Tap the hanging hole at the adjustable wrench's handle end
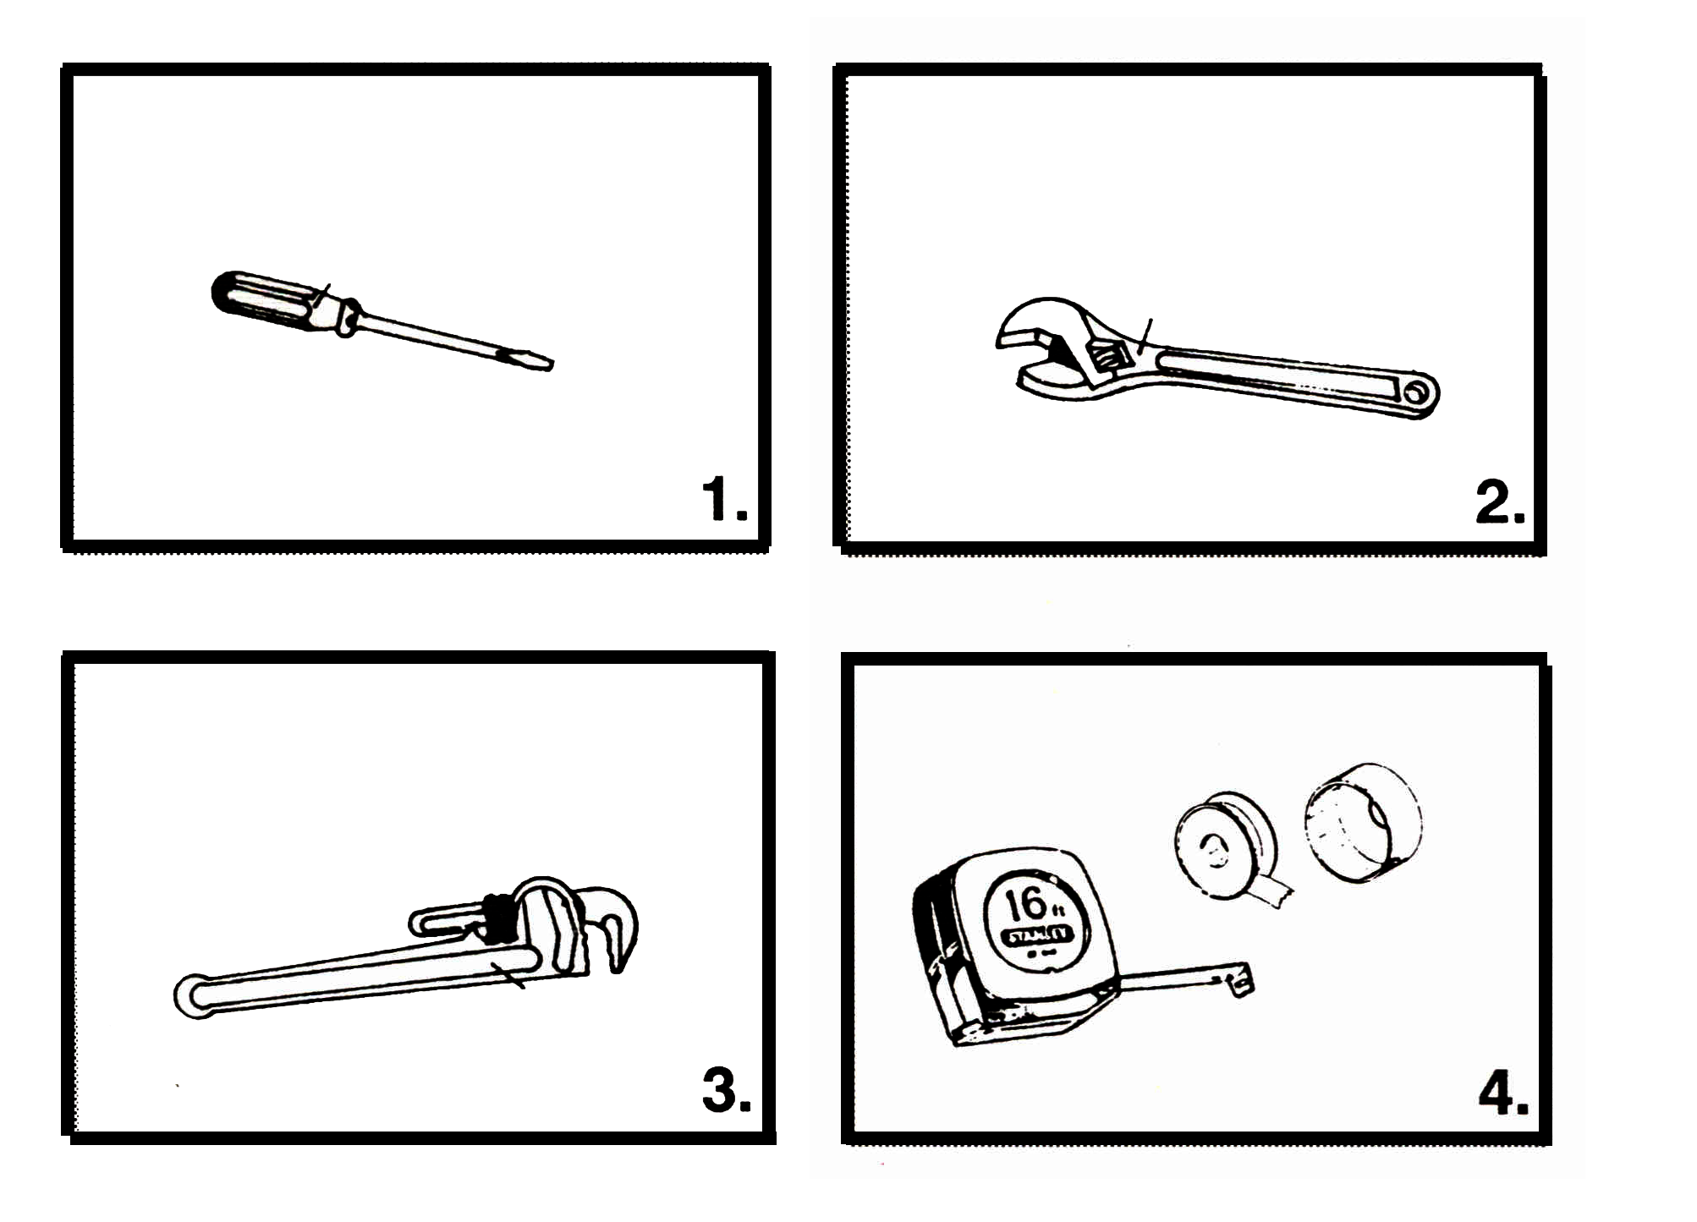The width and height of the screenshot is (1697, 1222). click(x=1416, y=394)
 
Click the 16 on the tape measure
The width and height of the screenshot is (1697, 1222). click(x=1025, y=905)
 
